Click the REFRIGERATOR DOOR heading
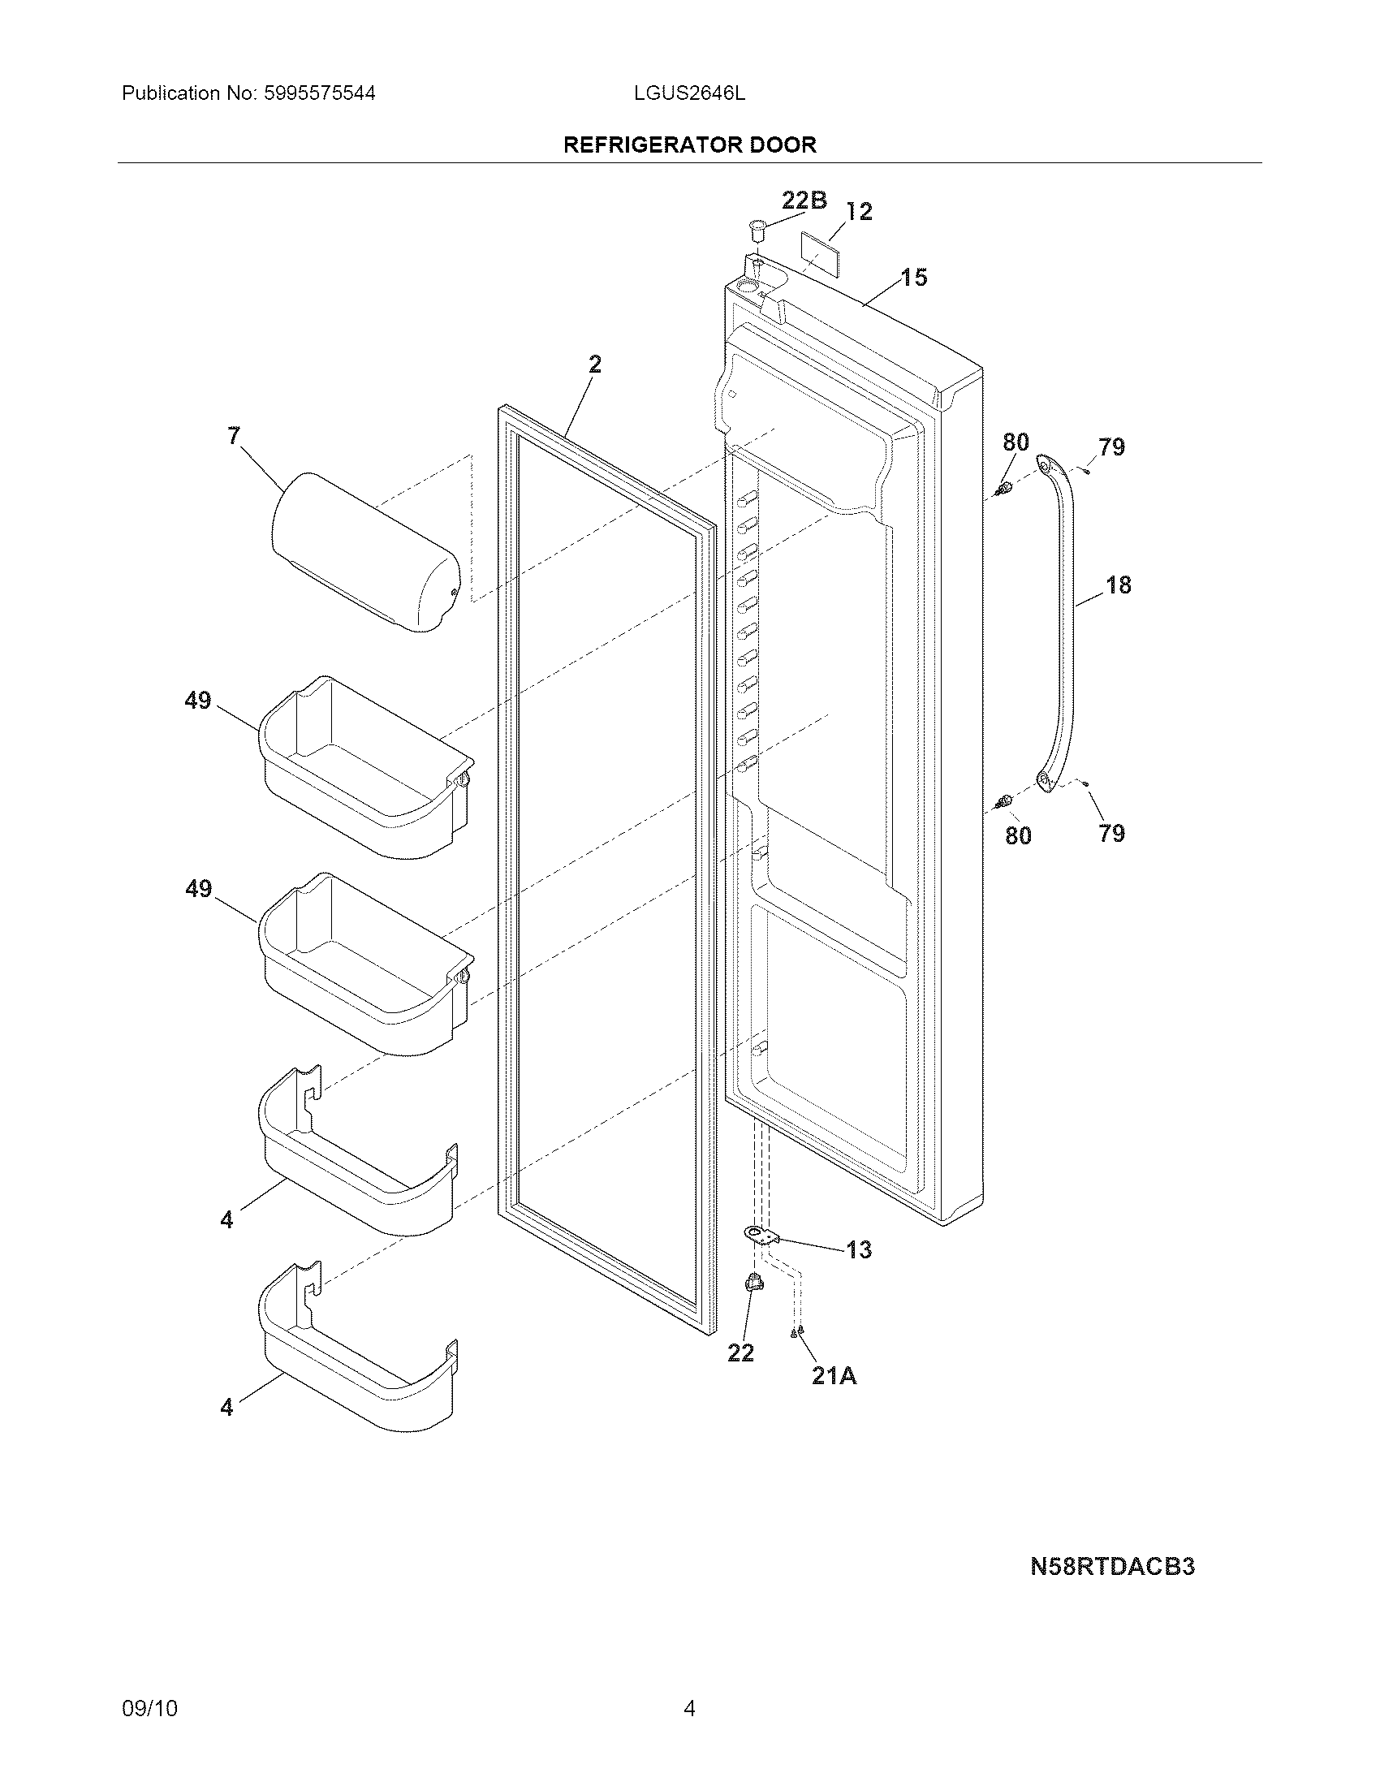click(689, 145)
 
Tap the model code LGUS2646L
click(689, 93)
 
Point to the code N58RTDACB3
click(1112, 1566)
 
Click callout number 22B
click(804, 200)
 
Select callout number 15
click(914, 278)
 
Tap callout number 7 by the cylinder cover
click(234, 436)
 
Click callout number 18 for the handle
click(1118, 585)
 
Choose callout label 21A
click(834, 1376)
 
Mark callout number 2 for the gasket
click(594, 365)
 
